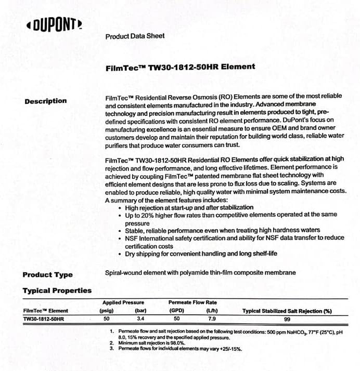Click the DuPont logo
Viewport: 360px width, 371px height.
click(x=54, y=25)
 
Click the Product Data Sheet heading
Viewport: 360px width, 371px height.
click(x=135, y=36)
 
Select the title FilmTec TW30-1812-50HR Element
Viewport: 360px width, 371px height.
click(x=180, y=67)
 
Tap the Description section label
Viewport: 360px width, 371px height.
click(x=46, y=101)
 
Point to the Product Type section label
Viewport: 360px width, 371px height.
click(x=48, y=274)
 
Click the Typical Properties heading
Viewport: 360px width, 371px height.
click(x=57, y=290)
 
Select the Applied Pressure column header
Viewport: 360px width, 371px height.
click(x=123, y=302)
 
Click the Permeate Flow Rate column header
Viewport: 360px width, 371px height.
click(x=192, y=302)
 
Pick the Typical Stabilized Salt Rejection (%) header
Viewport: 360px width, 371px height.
click(x=287, y=311)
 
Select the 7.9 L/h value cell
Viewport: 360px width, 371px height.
click(x=212, y=319)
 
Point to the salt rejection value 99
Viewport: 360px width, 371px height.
click(x=287, y=319)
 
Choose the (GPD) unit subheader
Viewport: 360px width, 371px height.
click(x=176, y=311)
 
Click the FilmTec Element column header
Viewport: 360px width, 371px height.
click(x=46, y=311)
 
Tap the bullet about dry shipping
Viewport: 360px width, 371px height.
click(x=201, y=254)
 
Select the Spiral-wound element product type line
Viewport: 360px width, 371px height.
click(x=200, y=273)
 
